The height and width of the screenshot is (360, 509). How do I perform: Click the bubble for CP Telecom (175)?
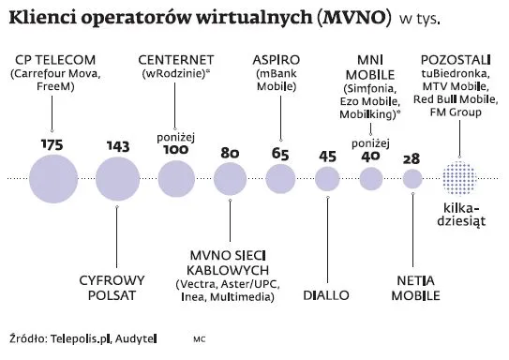tap(52, 179)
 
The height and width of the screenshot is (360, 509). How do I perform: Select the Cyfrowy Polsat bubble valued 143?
tap(117, 179)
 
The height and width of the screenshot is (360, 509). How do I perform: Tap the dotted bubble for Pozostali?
tap(459, 178)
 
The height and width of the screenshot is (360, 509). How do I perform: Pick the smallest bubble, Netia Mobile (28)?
tap(411, 178)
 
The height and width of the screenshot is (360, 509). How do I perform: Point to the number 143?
tap(117, 146)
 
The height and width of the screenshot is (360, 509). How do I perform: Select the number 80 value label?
tap(229, 153)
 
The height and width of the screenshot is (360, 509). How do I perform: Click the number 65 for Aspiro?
tap(280, 154)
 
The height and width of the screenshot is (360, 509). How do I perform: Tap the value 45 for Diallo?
tap(328, 157)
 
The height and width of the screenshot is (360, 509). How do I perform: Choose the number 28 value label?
tap(411, 158)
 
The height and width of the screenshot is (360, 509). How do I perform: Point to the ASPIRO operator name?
tap(277, 61)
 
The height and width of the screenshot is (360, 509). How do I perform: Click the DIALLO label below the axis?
tap(327, 295)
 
